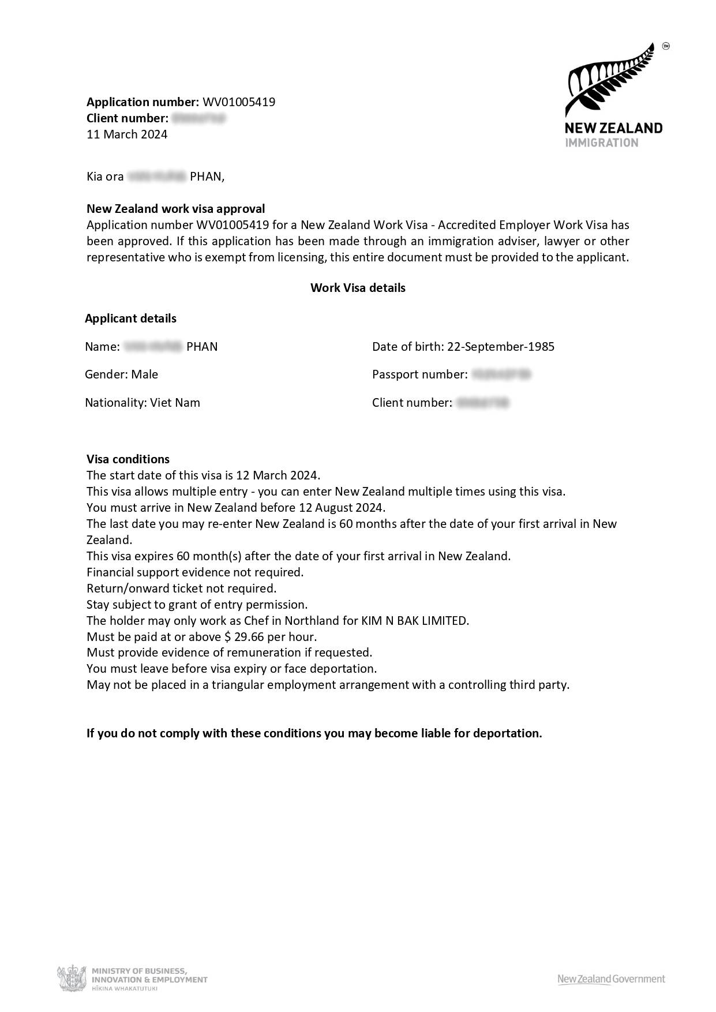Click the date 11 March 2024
127,134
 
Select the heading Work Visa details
358,288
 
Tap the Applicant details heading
130,318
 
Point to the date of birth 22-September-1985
500,347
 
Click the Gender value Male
144,374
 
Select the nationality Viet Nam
175,403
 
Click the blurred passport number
501,374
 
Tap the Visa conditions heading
128,459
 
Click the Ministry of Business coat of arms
72,979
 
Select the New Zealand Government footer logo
610,979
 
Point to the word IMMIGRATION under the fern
601,143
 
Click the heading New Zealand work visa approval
176,209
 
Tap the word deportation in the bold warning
507,733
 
